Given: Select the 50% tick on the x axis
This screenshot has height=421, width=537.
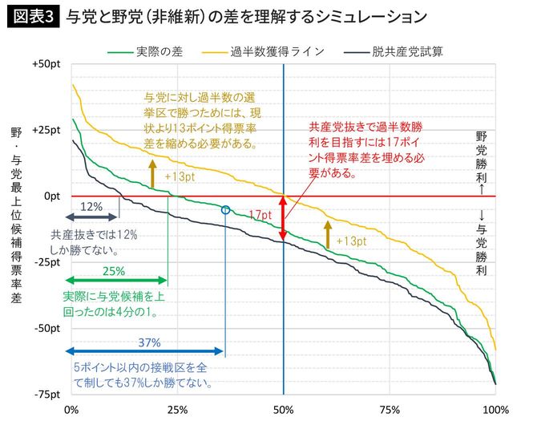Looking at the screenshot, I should click(284, 410).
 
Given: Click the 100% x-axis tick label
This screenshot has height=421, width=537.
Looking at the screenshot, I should click(495, 410).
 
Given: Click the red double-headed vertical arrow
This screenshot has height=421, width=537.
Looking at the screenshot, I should click(283, 218).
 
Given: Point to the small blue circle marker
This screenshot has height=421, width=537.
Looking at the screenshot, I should click(225, 210).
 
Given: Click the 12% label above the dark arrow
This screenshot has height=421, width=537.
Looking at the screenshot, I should click(91, 206).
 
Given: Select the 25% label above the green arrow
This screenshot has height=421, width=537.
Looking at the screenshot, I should click(114, 271).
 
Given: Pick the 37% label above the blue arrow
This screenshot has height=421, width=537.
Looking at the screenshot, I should click(149, 342).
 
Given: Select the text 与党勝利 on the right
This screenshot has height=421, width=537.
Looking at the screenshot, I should click(481, 243).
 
